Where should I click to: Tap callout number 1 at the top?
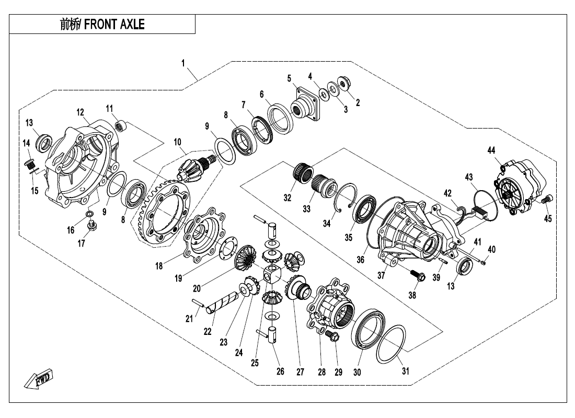183,63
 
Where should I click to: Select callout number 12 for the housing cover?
80,112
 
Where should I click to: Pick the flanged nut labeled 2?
344,82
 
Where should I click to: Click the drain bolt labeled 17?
93,226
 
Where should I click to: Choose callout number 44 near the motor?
491,150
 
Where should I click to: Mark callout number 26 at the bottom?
280,371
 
